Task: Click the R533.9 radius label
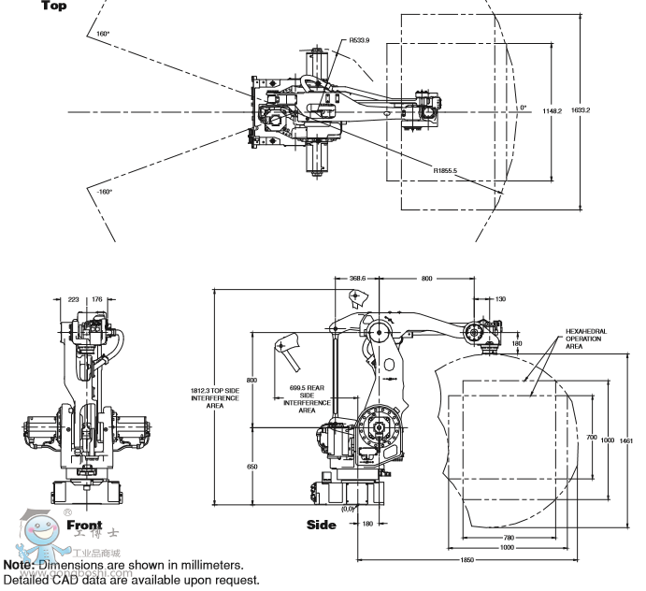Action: coord(360,40)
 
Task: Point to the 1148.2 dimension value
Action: coord(552,110)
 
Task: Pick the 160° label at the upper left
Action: coord(104,34)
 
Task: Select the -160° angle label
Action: coord(103,191)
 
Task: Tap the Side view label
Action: coord(321,525)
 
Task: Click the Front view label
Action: coord(84,526)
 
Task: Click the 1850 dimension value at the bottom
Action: coord(467,560)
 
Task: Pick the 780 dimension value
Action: coord(508,537)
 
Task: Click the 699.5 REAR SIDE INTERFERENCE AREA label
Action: coord(307,396)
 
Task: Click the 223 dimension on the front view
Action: coord(73,300)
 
